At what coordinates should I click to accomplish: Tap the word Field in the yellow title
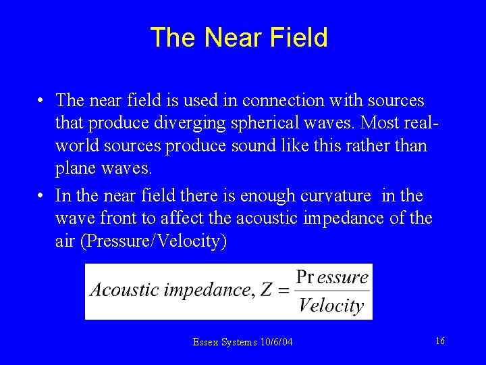298,37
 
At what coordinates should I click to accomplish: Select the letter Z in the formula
265,290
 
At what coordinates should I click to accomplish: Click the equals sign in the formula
283,291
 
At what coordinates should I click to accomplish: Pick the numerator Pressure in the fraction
333,277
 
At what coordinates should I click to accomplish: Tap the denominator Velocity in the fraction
331,306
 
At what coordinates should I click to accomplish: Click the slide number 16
439,341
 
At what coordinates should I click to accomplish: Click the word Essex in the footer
205,343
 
